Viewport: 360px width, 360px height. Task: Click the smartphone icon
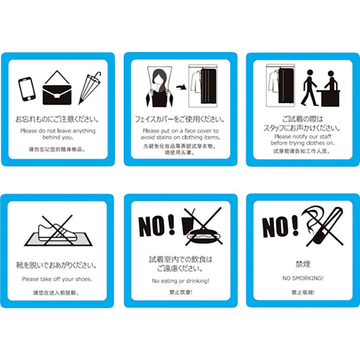[27, 89]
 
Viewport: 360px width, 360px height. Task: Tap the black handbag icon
[57, 91]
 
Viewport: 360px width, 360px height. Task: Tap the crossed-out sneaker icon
[58, 232]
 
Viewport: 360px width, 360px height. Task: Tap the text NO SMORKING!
[302, 278]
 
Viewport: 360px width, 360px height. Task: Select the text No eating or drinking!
[180, 281]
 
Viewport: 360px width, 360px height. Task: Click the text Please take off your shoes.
[57, 279]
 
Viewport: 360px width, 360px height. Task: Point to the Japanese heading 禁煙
[302, 264]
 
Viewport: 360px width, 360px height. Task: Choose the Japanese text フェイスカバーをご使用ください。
[180, 119]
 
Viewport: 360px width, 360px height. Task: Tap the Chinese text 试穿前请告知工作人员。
[302, 151]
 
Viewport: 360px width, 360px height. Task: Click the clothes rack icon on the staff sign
[280, 85]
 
